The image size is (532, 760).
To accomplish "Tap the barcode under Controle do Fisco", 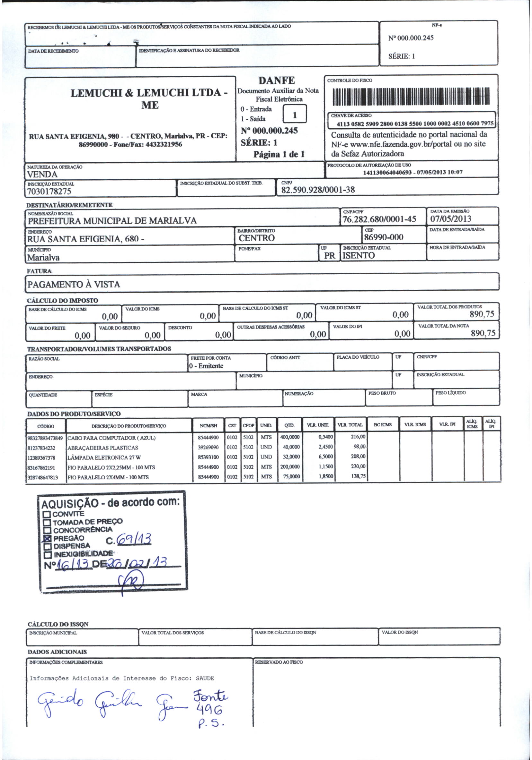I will click(411, 97).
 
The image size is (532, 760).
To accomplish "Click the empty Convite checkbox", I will click(47, 514).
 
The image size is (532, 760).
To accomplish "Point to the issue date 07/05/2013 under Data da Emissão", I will click(450, 219).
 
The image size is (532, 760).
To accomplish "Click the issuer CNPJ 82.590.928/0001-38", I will click(317, 190).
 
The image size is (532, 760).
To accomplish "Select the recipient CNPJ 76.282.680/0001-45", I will click(379, 219).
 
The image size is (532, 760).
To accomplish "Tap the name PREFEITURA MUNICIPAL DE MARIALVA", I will click(112, 220).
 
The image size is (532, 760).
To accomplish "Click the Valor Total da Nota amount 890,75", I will click(483, 333).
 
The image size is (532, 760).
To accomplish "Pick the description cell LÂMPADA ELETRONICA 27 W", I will click(104, 457).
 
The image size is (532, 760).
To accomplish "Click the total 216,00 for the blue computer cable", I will click(358, 437).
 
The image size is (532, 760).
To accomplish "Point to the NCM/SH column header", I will click(208, 426).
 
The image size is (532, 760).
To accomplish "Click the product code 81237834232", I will click(41, 448).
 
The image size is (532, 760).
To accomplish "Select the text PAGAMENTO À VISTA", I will click(74, 284).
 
